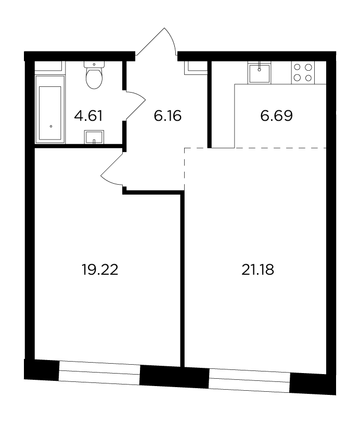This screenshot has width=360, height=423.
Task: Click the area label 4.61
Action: (88, 116)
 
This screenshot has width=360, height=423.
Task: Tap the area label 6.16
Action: (168, 116)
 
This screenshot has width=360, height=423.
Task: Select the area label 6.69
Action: (276, 116)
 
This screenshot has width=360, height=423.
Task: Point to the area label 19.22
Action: (100, 270)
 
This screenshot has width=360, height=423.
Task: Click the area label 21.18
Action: (258, 270)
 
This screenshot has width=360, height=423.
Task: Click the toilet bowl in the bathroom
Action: (94, 78)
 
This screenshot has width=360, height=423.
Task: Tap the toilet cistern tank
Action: (94, 64)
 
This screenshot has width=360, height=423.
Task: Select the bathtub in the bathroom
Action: (50, 109)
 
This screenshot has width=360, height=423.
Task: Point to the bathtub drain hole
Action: (50, 126)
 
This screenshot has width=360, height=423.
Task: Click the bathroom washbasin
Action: (94, 137)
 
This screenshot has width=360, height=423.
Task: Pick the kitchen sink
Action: (259, 73)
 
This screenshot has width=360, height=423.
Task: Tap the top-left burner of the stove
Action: (297, 67)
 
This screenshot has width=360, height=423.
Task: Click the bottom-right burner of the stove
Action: (308, 78)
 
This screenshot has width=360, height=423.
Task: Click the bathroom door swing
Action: (135, 106)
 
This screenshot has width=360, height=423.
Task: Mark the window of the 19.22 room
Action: (99, 371)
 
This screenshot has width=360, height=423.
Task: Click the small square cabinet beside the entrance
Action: (196, 68)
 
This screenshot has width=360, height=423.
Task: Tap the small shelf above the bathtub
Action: (50, 66)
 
